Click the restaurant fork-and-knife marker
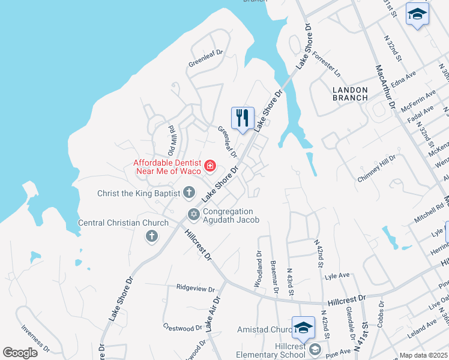243,117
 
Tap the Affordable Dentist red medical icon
210,166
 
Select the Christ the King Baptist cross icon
188,193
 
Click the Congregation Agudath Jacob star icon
194,214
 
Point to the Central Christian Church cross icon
151,236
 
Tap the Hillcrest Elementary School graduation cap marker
303,328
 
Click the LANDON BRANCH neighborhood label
350,94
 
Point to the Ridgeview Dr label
196,288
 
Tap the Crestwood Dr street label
182,328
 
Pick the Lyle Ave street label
337,275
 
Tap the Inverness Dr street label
34,338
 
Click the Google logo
20,353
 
